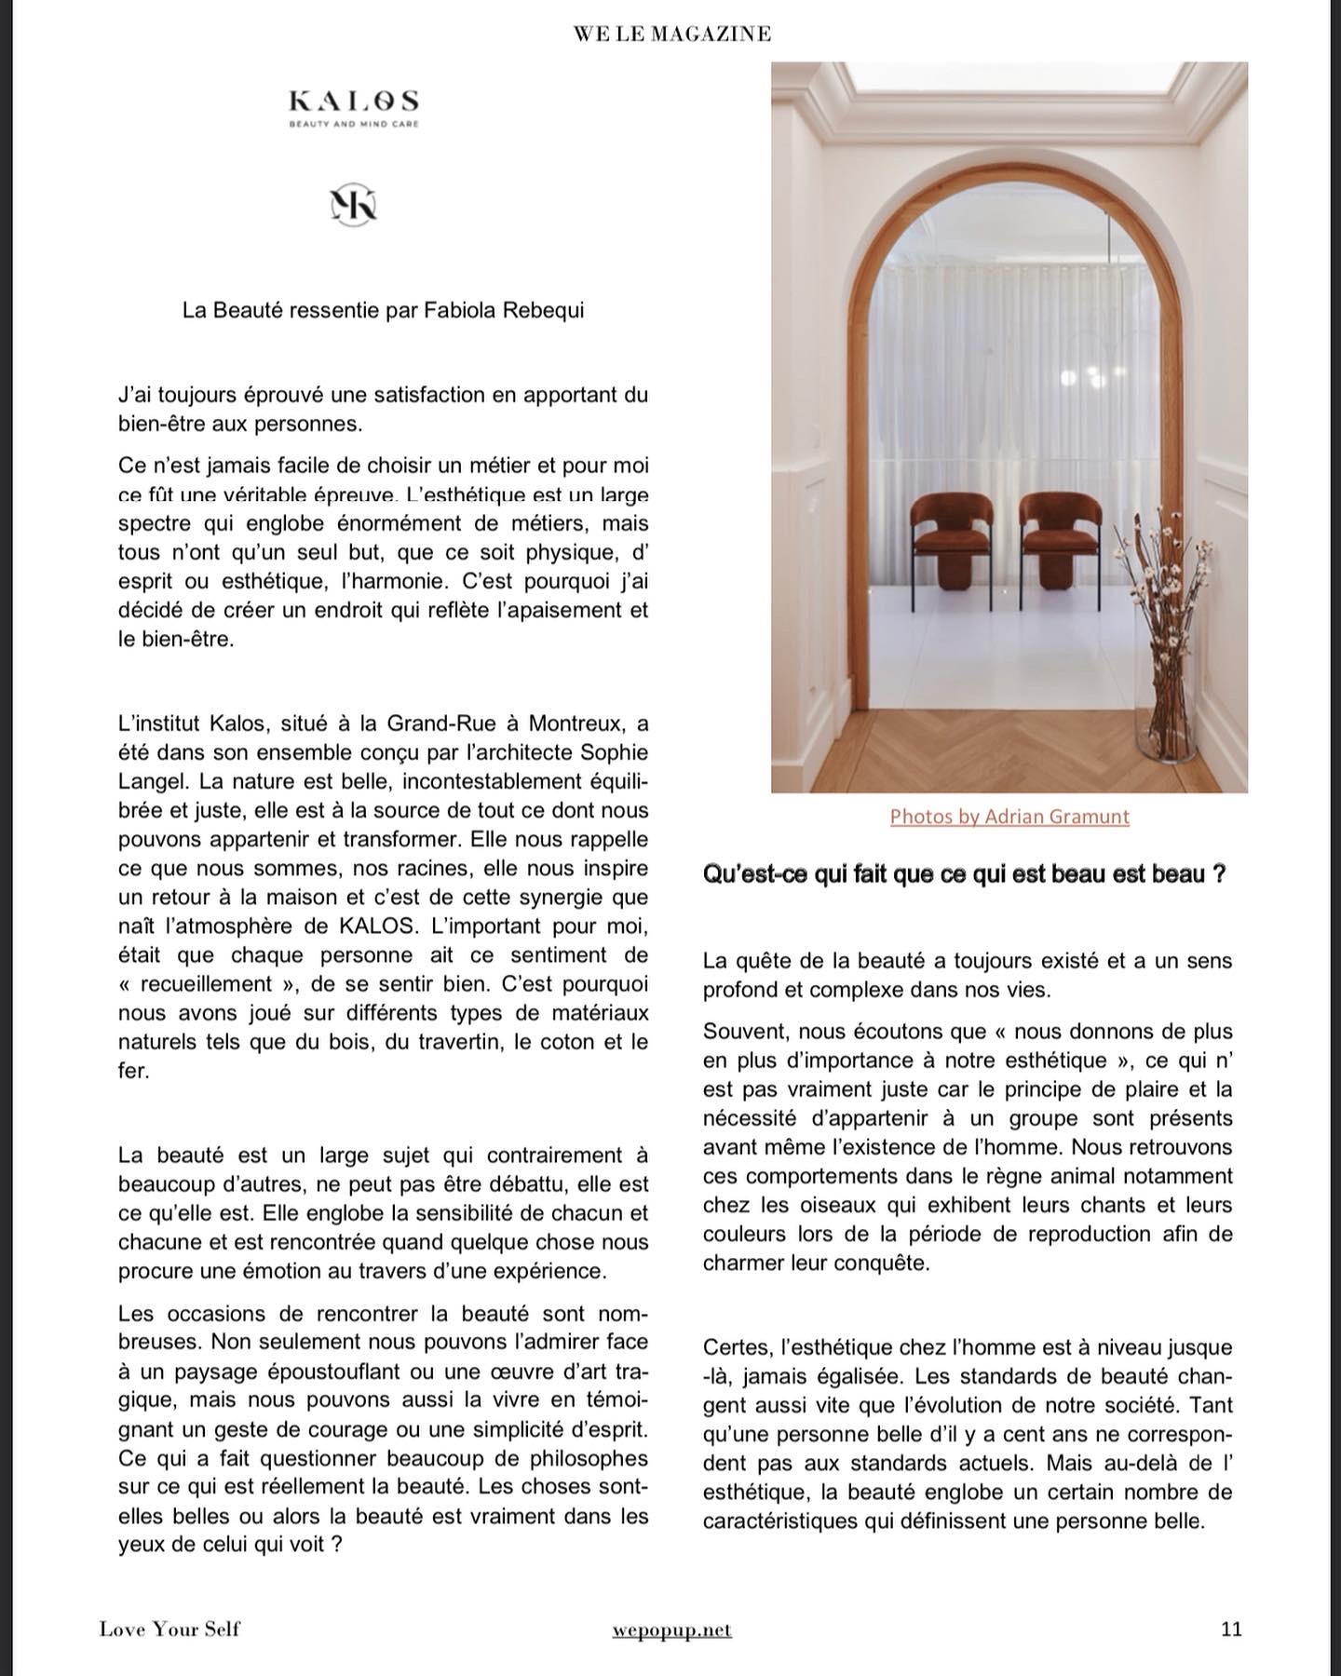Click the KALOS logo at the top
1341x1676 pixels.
click(x=353, y=101)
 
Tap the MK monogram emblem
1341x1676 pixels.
click(x=354, y=205)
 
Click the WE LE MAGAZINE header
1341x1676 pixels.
click(x=672, y=34)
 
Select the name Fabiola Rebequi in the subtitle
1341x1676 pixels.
click(x=505, y=310)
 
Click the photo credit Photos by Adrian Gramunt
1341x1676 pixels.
click(x=1009, y=817)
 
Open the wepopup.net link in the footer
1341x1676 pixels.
click(x=672, y=1629)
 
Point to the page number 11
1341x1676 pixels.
click(x=1230, y=1629)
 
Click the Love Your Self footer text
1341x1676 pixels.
click(x=169, y=1629)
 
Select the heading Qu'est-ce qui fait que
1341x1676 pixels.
click(x=964, y=875)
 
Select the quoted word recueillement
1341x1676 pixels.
click(x=219, y=984)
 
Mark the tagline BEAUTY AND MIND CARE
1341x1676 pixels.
click(x=353, y=124)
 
